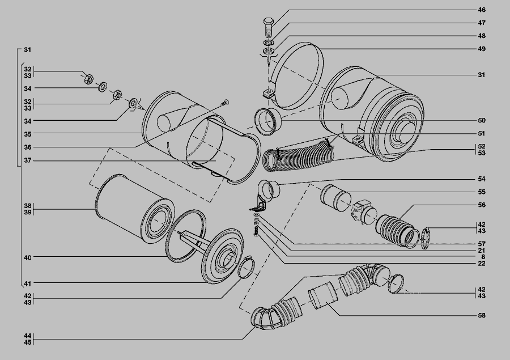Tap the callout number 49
(x=481, y=49)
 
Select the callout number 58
(x=481, y=315)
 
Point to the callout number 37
(x=28, y=160)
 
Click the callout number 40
(x=28, y=257)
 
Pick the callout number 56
(x=481, y=205)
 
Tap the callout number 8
(x=483, y=257)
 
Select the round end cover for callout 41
(x=223, y=256)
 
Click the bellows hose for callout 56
(x=397, y=230)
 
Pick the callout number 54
(x=481, y=179)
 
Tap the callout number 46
(x=481, y=10)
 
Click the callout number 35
(x=28, y=134)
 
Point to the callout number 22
(x=481, y=263)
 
